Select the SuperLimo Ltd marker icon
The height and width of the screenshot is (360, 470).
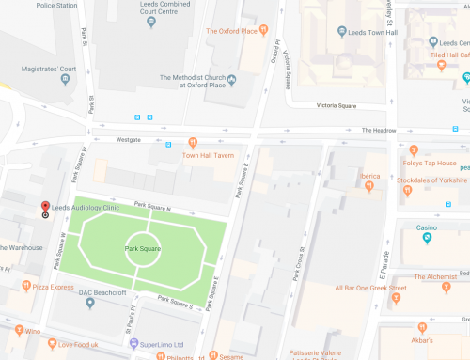coord(133,343)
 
